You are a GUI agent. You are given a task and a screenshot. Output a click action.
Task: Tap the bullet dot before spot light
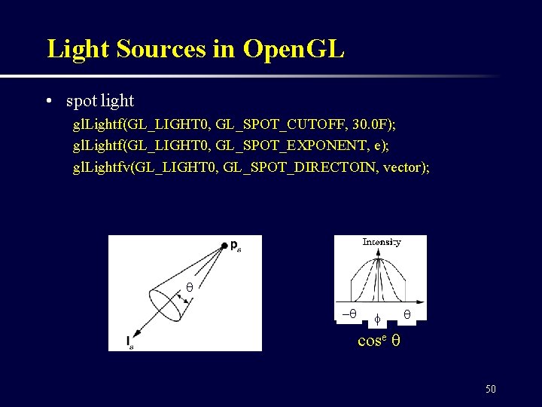48,101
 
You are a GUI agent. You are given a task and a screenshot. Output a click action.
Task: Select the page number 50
491,389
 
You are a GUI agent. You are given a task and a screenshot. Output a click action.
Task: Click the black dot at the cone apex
224,245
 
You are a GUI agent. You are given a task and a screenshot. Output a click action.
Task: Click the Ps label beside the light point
236,245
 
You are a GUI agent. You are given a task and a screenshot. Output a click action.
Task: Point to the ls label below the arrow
131,344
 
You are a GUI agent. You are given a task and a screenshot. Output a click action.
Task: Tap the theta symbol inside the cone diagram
190,287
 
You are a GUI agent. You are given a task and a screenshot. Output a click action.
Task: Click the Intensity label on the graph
381,242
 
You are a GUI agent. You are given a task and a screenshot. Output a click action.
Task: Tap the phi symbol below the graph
378,320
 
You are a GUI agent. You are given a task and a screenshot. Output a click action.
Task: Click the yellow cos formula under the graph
379,340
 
